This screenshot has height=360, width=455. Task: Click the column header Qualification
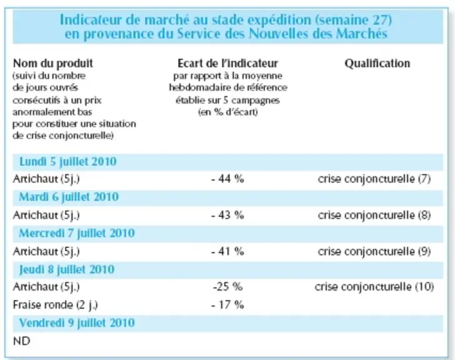[x=377, y=63]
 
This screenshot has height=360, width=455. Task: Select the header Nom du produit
[x=53, y=63]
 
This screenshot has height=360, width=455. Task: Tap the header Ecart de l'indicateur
[x=227, y=63]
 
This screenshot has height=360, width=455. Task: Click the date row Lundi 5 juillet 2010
[x=68, y=162]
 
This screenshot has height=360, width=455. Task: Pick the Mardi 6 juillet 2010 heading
[x=69, y=197]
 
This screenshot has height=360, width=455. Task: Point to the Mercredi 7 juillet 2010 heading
[x=77, y=233]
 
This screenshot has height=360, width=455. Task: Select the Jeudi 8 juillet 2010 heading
[x=67, y=269]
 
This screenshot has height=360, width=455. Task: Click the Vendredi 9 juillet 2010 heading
[x=77, y=323]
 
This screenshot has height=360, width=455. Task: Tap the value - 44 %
[x=227, y=179]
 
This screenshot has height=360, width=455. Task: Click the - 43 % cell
[x=227, y=215]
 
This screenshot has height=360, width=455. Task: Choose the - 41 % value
[x=227, y=251]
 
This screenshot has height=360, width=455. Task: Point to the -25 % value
[x=227, y=287]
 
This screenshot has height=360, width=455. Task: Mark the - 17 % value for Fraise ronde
[x=227, y=305]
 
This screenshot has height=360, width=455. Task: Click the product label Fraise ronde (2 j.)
[x=56, y=305]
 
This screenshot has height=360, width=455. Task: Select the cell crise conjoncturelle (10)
[x=374, y=287]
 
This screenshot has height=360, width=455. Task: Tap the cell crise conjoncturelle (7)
[x=374, y=179]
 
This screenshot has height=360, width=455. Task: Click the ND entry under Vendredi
[x=21, y=341]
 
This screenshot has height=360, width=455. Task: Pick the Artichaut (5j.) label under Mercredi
[x=46, y=251]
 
